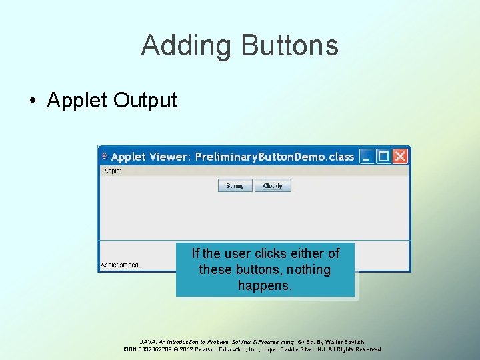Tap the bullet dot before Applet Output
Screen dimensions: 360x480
32,101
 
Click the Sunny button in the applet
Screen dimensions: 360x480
235,186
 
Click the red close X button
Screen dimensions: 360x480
399,157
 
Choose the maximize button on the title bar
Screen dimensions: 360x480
383,157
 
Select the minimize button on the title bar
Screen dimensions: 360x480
367,157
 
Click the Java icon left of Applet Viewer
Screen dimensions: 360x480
104,157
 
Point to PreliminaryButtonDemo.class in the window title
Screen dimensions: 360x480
274,157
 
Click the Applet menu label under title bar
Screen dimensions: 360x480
111,171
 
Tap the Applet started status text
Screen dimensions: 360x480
120,265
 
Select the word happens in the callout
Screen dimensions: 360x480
265,285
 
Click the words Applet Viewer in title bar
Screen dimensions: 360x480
149,157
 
